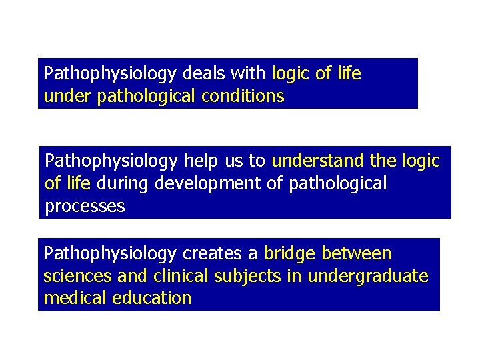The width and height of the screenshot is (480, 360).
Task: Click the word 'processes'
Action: [x=85, y=205]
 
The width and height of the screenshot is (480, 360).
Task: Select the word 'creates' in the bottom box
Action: [x=212, y=254]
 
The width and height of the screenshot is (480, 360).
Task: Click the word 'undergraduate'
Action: [x=368, y=275]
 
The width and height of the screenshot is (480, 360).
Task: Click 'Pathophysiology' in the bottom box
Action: [x=110, y=254]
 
